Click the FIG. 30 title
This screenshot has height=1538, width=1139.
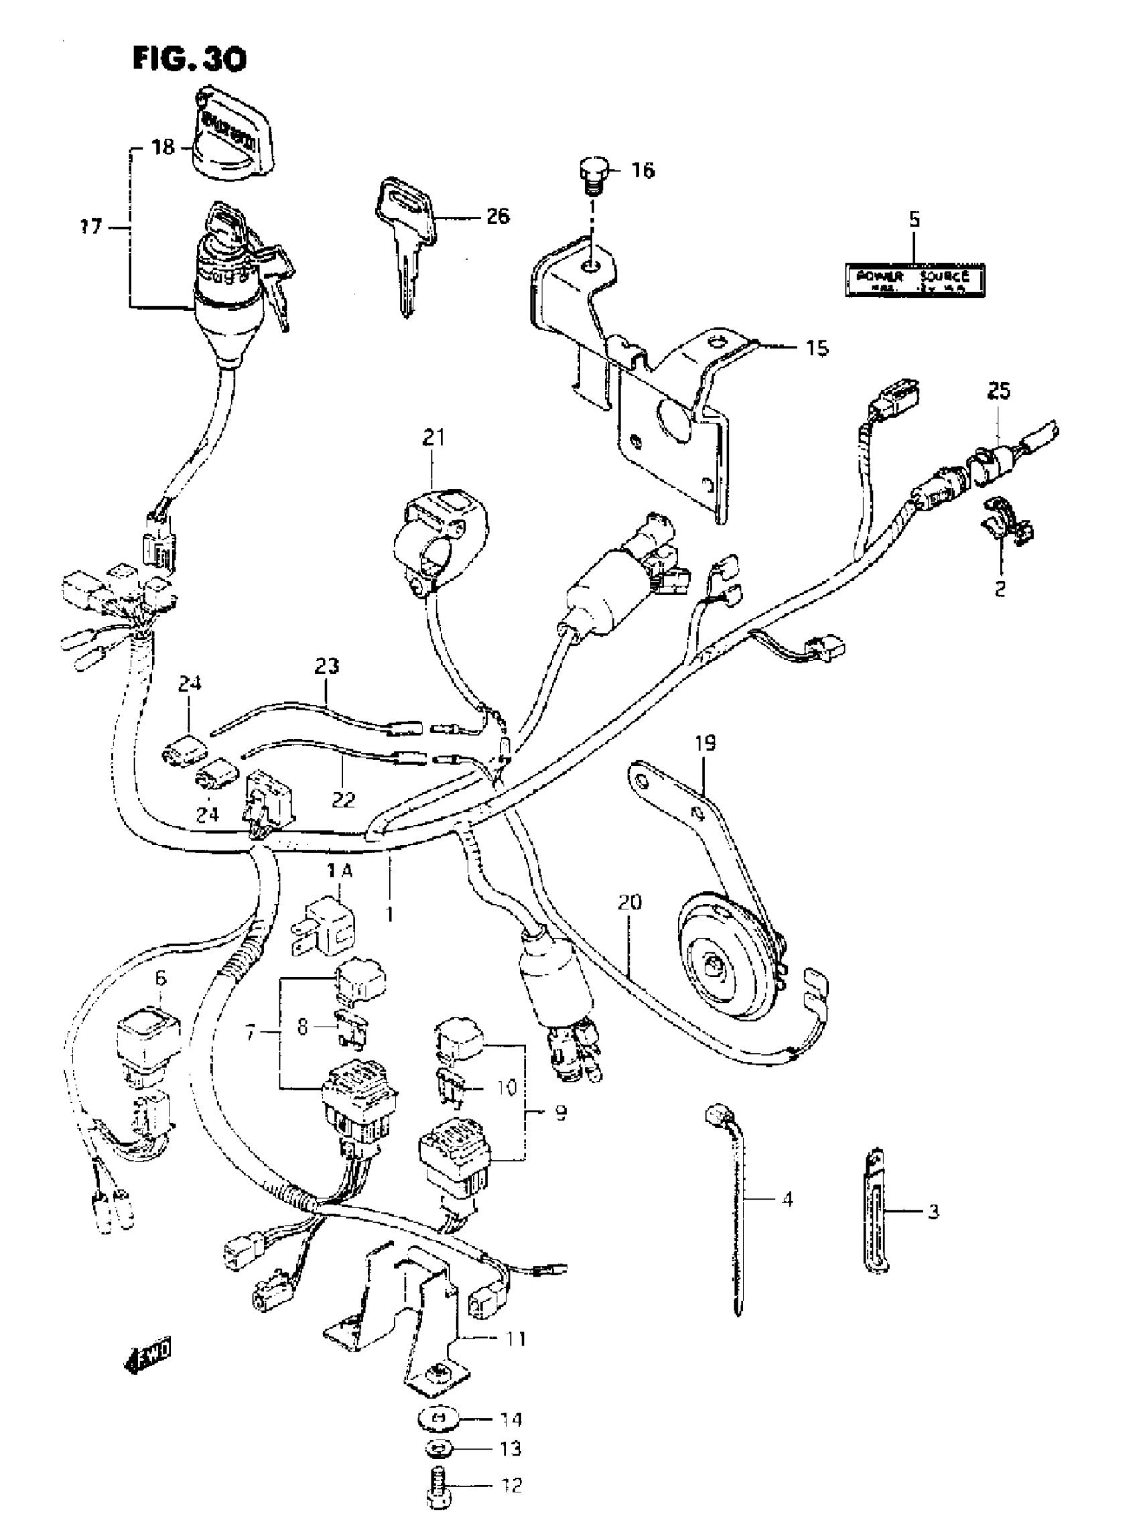[x=189, y=60]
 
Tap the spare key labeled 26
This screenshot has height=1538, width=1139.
[x=407, y=241]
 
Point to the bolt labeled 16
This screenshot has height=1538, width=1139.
[x=590, y=172]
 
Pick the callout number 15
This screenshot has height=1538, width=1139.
[x=817, y=348]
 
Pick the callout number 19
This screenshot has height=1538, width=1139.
[x=706, y=743]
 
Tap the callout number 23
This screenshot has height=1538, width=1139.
[x=327, y=666]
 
